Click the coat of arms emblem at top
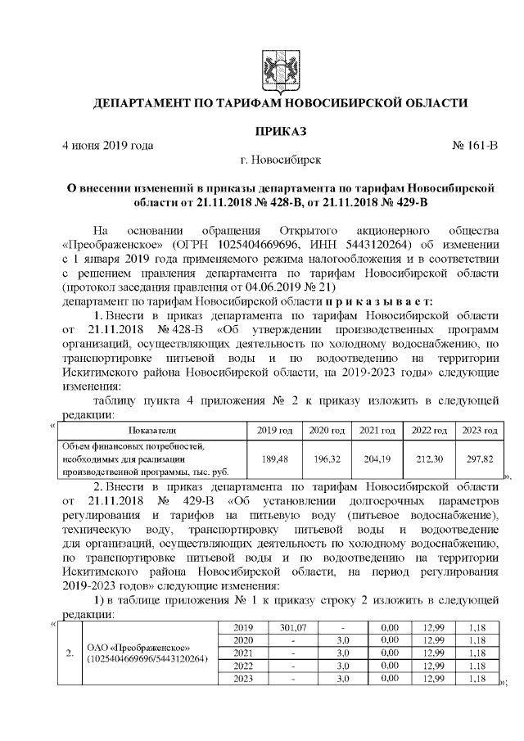280,66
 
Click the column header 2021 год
378,431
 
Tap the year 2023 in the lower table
243,679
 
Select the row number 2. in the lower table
70,653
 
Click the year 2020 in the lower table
243,639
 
